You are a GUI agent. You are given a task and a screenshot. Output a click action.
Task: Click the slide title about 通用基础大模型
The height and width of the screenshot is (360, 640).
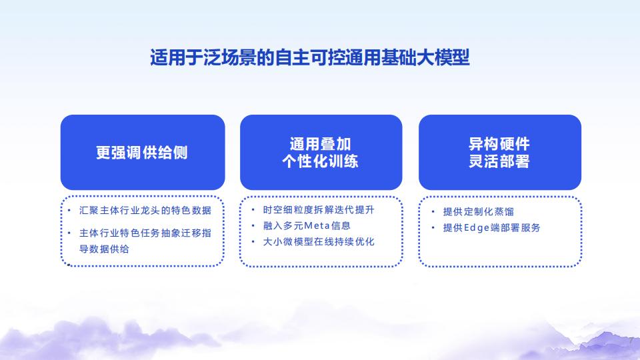click(x=310, y=58)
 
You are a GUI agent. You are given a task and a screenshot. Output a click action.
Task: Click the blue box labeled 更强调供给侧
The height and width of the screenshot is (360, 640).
click(x=142, y=153)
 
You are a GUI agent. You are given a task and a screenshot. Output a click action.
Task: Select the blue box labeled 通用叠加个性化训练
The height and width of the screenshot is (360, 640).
click(x=321, y=153)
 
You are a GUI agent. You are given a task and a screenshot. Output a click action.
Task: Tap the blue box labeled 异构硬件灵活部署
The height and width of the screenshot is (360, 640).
click(x=499, y=153)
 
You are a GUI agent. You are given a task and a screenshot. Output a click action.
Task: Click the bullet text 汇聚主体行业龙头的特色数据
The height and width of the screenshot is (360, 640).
click(x=145, y=211)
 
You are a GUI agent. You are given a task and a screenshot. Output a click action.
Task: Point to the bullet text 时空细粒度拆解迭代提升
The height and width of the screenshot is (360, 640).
click(x=319, y=210)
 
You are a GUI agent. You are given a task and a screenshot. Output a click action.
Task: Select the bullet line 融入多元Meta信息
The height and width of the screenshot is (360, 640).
click(x=307, y=226)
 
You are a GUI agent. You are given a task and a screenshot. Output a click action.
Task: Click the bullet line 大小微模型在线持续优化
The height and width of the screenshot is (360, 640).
click(x=319, y=242)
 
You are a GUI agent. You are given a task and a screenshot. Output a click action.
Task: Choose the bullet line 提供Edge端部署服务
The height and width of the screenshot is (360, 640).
click(x=491, y=228)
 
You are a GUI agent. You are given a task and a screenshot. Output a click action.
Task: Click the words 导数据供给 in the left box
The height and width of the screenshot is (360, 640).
click(x=105, y=249)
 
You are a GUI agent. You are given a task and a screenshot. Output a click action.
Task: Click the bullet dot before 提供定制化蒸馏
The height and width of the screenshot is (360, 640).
click(x=432, y=212)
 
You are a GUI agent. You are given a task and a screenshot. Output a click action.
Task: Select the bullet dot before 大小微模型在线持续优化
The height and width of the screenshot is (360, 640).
click(x=253, y=242)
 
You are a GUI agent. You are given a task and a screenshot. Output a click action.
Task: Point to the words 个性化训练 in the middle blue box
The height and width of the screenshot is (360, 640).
click(x=321, y=161)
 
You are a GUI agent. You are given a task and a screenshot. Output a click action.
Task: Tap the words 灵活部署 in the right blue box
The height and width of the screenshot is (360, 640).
click(x=499, y=161)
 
